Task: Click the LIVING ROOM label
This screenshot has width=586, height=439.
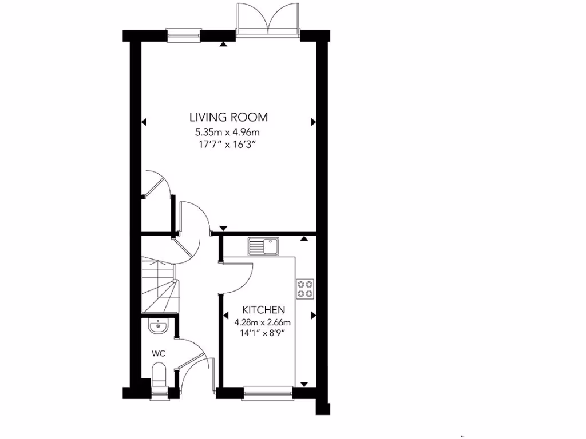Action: click(228, 118)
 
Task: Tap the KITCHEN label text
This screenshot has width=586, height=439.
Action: click(263, 310)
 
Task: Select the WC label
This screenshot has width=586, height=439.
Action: click(159, 353)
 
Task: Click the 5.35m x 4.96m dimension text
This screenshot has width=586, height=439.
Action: click(228, 133)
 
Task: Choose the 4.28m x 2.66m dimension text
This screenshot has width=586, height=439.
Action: click(263, 321)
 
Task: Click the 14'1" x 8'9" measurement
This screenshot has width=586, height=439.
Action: click(263, 332)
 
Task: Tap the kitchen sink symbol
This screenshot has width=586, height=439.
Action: click(263, 247)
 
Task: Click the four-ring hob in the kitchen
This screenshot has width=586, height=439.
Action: click(304, 289)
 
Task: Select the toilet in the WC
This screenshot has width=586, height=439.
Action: click(159, 377)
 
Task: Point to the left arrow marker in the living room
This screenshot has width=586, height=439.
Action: click(144, 122)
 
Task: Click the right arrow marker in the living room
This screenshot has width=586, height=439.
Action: click(313, 122)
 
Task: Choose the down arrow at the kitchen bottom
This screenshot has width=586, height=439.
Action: click(304, 384)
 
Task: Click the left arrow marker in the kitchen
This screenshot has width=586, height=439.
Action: click(227, 315)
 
